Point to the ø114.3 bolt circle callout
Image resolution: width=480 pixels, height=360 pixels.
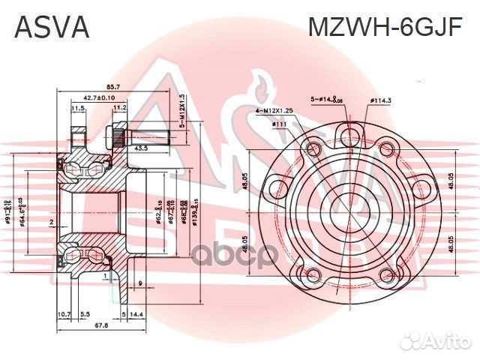pos(382,99)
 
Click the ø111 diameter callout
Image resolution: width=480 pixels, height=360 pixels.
pos(281,124)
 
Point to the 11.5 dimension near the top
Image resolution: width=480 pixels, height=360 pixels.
pos(76,108)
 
